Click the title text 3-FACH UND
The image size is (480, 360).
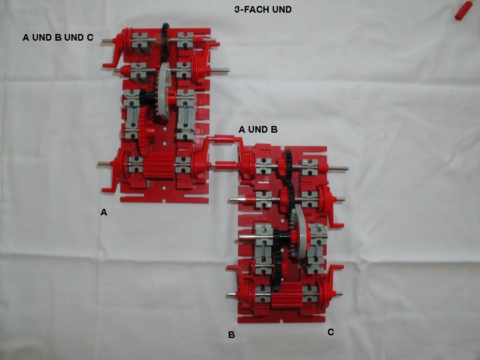263,9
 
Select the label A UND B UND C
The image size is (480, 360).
58,37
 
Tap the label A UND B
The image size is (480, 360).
258,129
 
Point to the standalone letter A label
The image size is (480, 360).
104,212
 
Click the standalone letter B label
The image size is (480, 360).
231,335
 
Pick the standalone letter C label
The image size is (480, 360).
331,332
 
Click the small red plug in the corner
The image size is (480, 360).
461,10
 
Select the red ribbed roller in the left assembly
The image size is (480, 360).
159,165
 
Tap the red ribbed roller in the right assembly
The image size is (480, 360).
287,295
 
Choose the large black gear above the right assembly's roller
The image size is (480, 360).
277,259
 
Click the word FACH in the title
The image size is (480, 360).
258,9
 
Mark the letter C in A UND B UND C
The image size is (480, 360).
90,37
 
